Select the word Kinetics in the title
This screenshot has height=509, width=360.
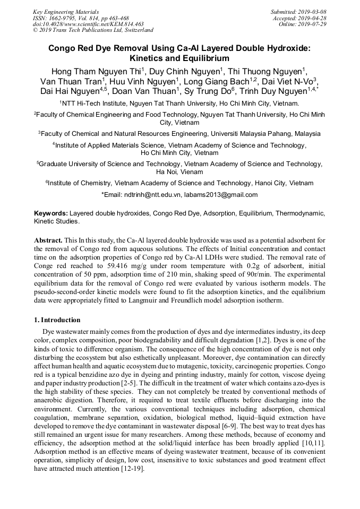pyautogui.click(x=148, y=58)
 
